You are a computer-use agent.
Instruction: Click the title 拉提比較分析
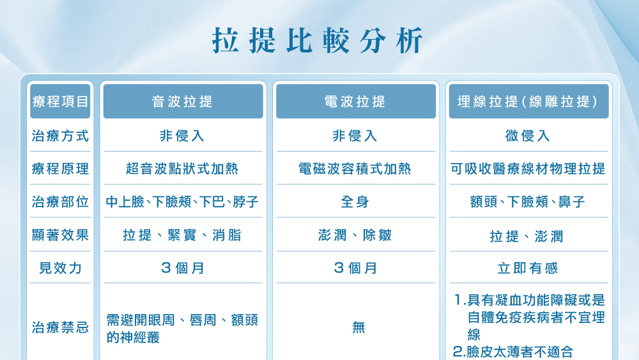pos(318,40)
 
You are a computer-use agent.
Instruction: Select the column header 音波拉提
pos(183,102)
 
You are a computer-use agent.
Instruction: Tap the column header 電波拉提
pos(355,102)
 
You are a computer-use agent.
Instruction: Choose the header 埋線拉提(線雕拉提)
pos(528,102)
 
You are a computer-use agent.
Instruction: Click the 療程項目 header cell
pos(61,102)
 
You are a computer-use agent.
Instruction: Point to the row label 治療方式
pos(61,136)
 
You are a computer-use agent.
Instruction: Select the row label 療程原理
pos(61,169)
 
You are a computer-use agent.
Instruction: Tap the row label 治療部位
pos(61,202)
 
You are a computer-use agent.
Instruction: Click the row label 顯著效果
pos(61,235)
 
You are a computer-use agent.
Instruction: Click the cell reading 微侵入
pos(528,136)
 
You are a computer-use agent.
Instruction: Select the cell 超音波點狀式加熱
pos(183,169)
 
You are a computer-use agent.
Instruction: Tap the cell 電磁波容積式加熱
pos(355,169)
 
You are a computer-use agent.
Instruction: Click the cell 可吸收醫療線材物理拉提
pos(528,169)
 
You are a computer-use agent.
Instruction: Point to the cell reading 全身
pos(355,202)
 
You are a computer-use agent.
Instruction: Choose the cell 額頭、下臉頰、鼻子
pos(528,202)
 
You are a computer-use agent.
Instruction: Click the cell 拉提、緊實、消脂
pos(183,235)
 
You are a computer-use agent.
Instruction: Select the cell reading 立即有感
pos(528,269)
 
